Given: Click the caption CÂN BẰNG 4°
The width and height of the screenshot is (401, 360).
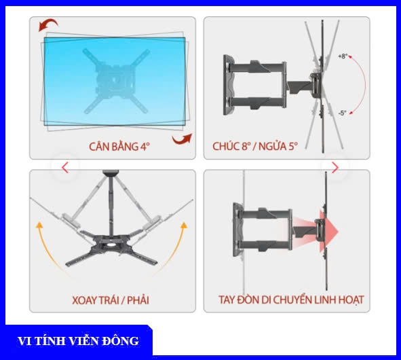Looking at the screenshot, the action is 119,147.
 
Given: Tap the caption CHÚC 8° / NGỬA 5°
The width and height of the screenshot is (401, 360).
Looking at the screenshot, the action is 255,146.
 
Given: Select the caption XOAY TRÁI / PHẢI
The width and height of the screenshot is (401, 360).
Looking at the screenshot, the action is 111,300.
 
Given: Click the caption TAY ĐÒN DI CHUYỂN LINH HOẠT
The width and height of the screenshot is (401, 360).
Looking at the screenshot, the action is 291,300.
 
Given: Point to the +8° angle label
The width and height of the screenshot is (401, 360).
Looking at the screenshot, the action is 343,56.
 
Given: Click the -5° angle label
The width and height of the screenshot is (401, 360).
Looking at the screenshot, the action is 342,113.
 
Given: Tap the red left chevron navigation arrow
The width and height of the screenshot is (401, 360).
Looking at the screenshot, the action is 65,168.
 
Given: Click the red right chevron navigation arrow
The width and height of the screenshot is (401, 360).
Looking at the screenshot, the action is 335,168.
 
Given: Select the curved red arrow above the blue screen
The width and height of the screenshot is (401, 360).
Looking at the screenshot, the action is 48,24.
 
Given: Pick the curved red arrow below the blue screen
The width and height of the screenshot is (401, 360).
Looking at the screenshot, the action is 182,139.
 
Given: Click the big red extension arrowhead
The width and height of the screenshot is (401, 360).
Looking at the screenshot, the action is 329,232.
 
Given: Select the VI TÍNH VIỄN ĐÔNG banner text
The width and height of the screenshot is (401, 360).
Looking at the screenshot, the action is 78,341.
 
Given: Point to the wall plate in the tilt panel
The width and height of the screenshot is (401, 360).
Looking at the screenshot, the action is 229,84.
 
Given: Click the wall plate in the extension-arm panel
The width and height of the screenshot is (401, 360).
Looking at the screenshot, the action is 238,230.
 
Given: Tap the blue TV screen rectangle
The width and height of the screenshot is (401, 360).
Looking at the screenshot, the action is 115,82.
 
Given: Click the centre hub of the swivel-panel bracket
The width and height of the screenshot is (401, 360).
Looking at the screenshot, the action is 112,242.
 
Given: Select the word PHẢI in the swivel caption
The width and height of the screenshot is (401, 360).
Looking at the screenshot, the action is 138,300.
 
